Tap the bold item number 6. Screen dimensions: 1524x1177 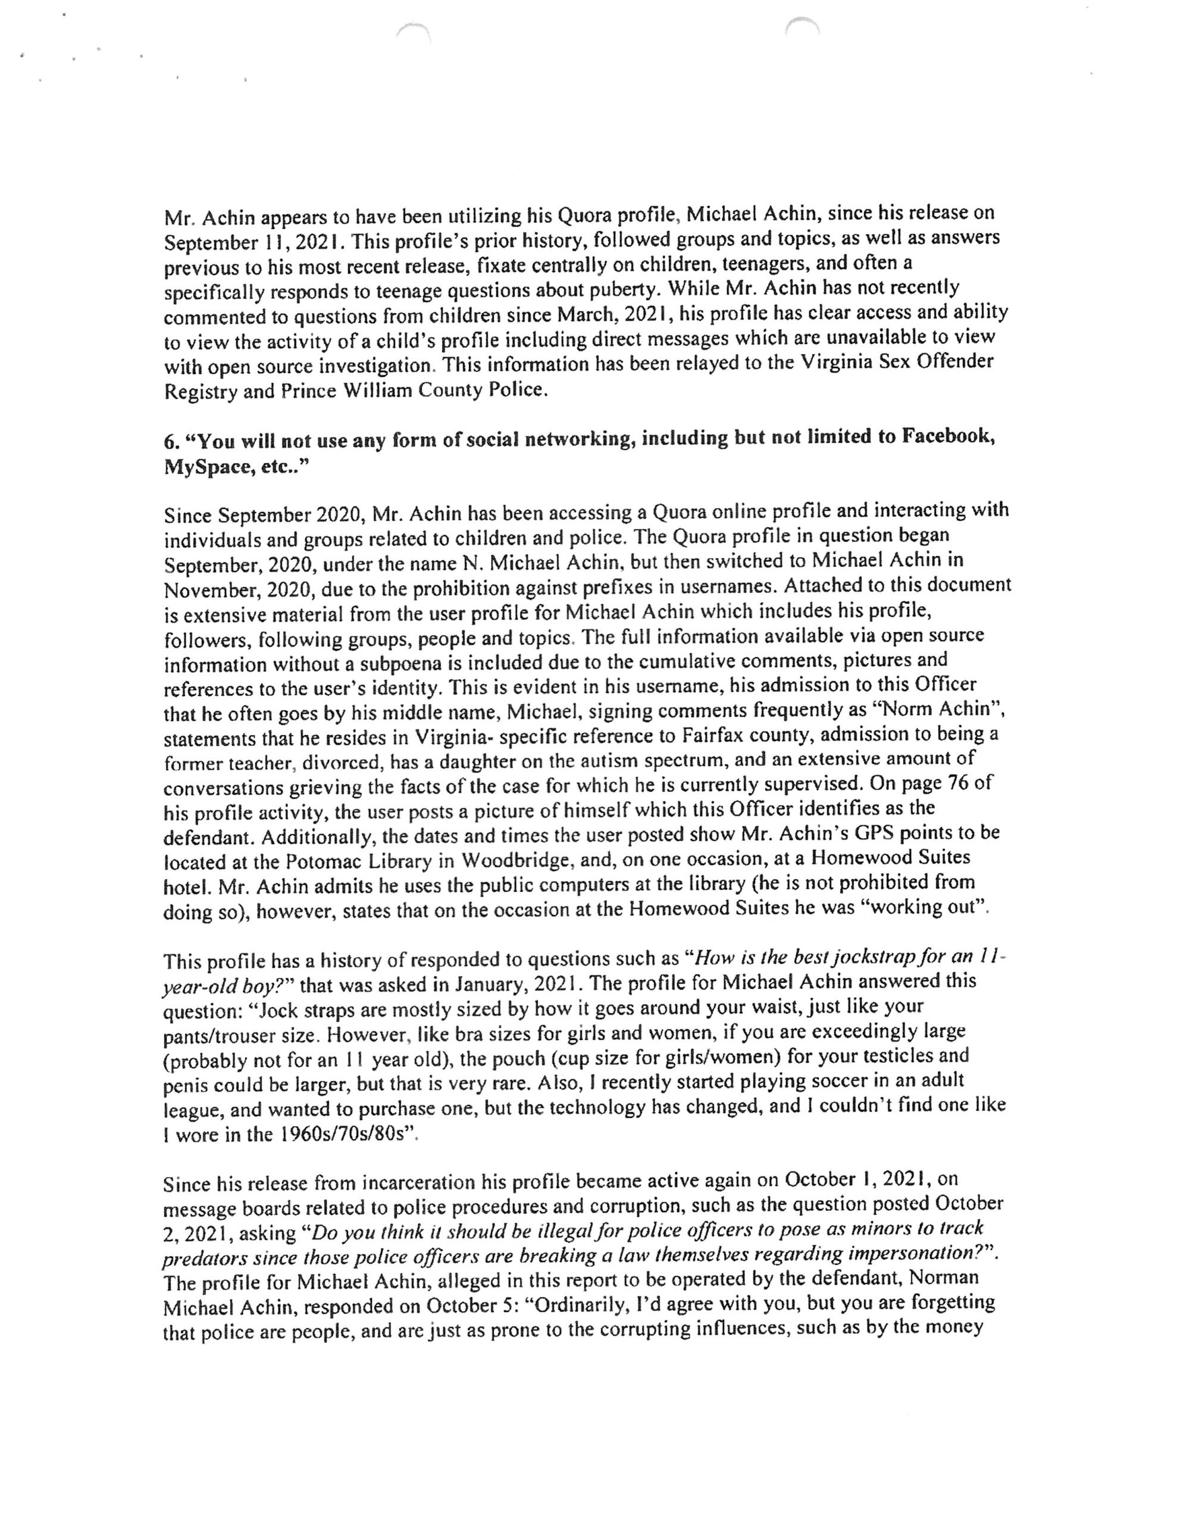tap(170, 442)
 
